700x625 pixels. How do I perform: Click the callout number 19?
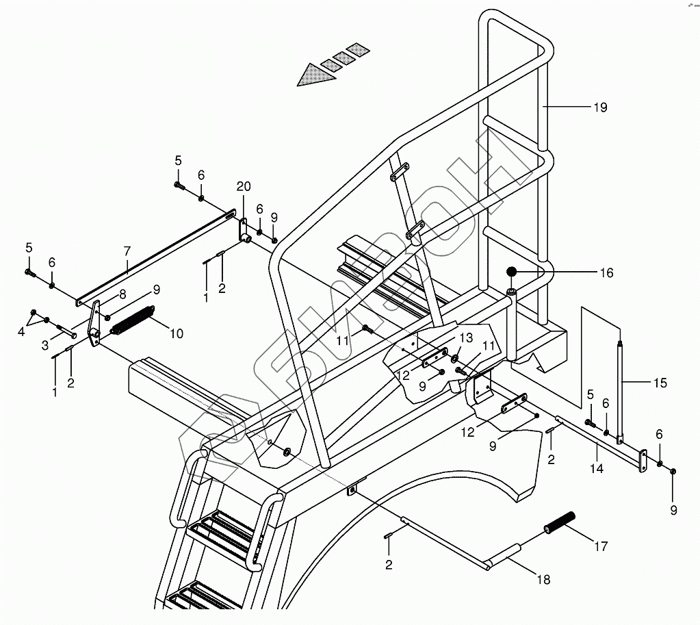point(599,107)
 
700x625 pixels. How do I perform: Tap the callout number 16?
point(606,273)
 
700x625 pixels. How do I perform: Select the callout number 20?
point(244,186)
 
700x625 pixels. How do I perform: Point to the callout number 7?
point(127,252)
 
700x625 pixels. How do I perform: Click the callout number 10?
point(177,333)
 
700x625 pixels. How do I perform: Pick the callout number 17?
point(600,546)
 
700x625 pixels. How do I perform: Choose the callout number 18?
point(543,580)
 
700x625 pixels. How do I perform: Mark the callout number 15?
point(659,383)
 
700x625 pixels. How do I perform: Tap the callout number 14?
point(597,469)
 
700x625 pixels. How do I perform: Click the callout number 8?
point(122,294)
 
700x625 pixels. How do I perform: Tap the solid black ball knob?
point(511,272)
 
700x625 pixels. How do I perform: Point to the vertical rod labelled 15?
point(621,390)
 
